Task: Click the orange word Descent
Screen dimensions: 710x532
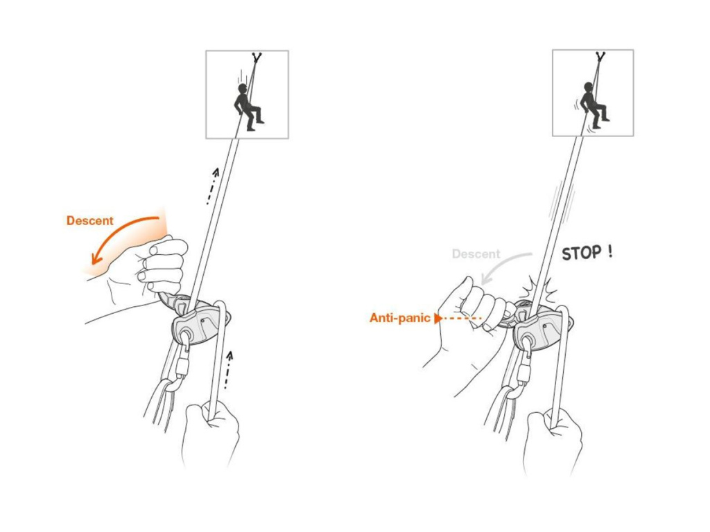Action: tap(89, 221)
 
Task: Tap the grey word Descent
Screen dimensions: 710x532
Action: tap(476, 254)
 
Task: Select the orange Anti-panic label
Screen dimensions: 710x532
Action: tap(399, 318)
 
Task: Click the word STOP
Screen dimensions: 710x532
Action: tap(582, 254)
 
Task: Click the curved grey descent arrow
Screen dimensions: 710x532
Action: tap(503, 265)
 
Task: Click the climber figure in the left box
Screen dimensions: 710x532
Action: tap(247, 107)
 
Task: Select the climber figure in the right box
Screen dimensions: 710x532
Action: tap(594, 105)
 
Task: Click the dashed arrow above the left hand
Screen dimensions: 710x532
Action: tap(212, 186)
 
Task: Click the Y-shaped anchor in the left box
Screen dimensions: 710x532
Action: tap(257, 57)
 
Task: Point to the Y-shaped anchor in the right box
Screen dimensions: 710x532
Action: tap(600, 57)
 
